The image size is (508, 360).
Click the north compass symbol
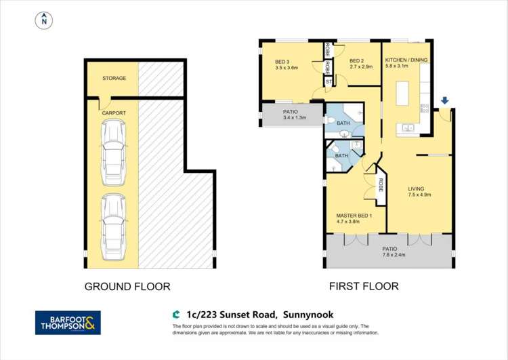pos(44,21)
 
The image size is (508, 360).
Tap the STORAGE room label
pos(114,79)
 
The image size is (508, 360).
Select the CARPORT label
pos(114,113)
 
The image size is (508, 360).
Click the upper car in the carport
pos(112,155)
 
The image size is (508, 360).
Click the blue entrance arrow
pos(444,102)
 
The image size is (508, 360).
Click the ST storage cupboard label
pos(329,81)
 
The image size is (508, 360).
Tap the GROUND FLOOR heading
pos(127,287)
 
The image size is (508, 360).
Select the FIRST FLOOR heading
pos(364,287)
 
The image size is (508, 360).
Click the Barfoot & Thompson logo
pos(68,322)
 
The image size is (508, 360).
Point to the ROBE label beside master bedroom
pos(381,184)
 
